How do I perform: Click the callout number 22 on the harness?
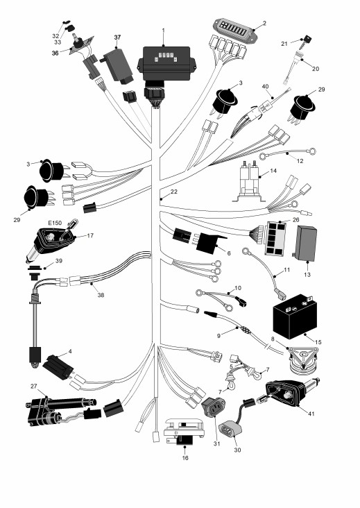pos(174,192)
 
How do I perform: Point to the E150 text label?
pos(55,223)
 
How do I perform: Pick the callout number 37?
pos(117,37)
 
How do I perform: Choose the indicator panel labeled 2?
pos(235,30)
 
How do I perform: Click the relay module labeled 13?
pos(306,244)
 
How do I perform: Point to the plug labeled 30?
pos(230,429)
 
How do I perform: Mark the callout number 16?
pos(185,458)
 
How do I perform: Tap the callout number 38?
pos(101,295)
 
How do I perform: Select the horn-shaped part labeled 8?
pos(303,360)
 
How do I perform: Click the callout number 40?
pos(265,87)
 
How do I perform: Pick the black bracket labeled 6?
pos(210,243)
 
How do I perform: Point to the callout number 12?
pos(300,161)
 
